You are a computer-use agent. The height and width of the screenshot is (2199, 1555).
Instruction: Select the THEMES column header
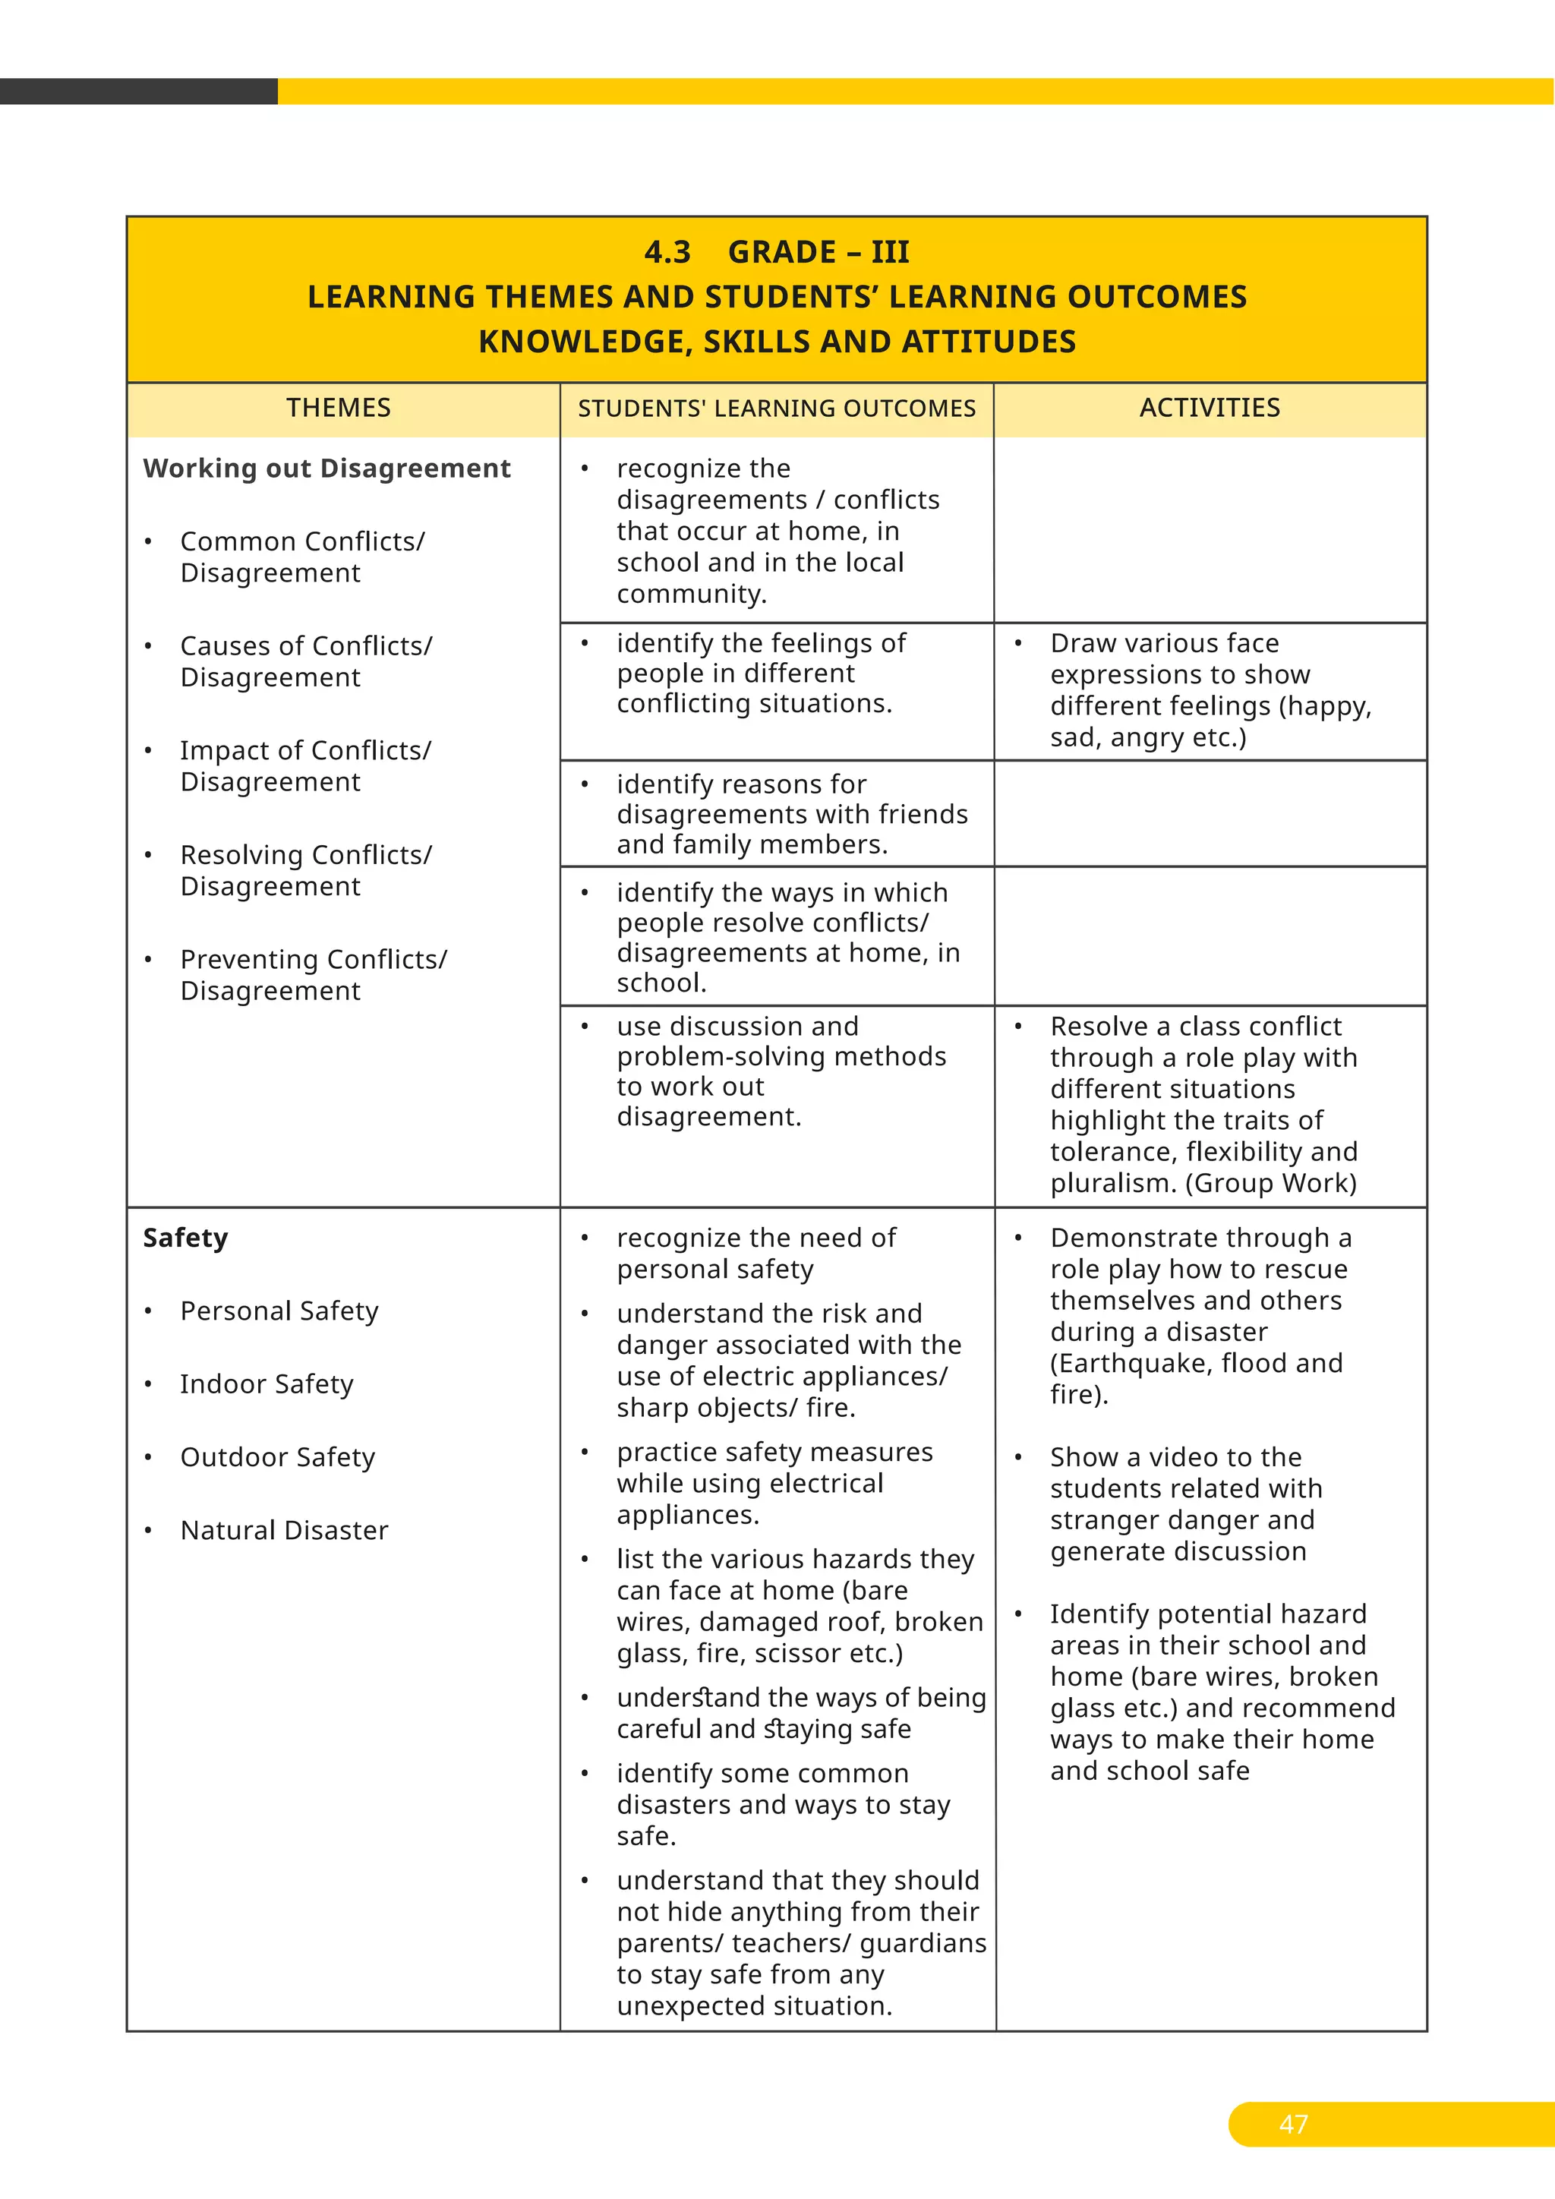338,408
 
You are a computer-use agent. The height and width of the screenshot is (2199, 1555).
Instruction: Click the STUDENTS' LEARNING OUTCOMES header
777,409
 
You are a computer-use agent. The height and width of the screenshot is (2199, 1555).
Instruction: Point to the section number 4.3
667,252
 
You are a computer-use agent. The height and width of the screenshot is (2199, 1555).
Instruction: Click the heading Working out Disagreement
326,469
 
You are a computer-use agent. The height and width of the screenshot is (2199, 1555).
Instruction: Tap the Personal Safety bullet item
279,1310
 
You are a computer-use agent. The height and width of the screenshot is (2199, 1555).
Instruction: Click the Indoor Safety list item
267,1384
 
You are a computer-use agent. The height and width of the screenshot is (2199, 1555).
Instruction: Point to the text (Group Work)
1270,1183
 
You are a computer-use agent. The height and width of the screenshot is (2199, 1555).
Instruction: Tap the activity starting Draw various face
1163,642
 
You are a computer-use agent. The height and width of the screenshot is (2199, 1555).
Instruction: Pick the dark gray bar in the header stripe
138,91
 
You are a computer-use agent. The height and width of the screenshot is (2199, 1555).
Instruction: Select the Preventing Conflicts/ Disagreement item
312,974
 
